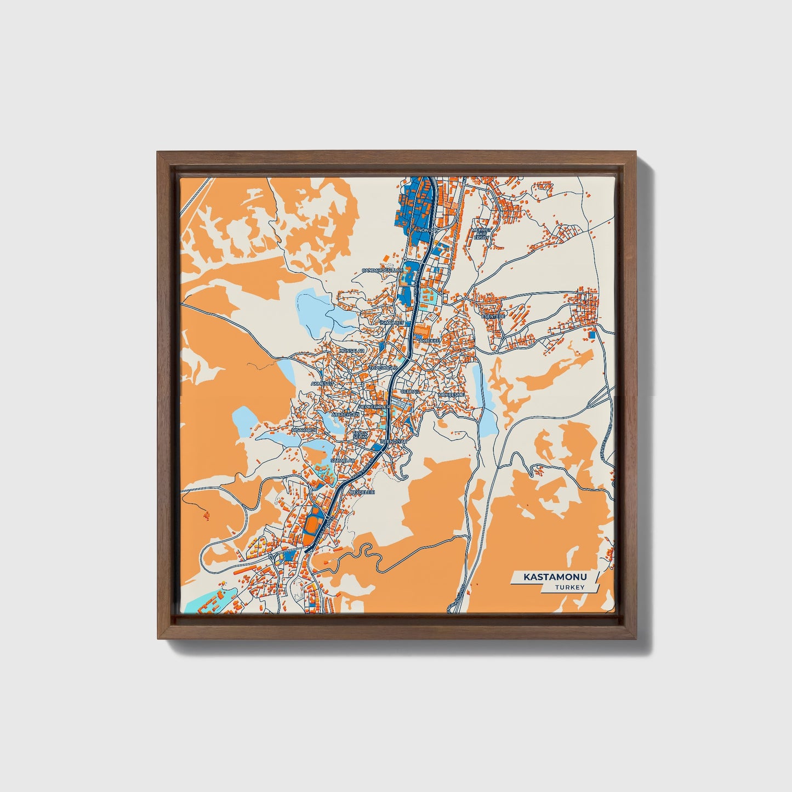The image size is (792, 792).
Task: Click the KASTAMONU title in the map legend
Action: click(555, 577)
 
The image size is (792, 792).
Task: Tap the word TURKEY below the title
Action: click(569, 588)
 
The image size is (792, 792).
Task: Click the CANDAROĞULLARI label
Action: click(382, 271)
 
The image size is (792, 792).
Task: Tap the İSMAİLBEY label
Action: click(392, 323)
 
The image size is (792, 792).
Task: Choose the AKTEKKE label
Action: click(429, 341)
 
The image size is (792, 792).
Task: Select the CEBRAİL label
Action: click(411, 392)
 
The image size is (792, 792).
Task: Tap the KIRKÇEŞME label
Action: click(451, 394)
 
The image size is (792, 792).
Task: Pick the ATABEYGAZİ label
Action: click(345, 415)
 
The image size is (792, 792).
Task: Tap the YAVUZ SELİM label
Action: click(360, 434)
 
